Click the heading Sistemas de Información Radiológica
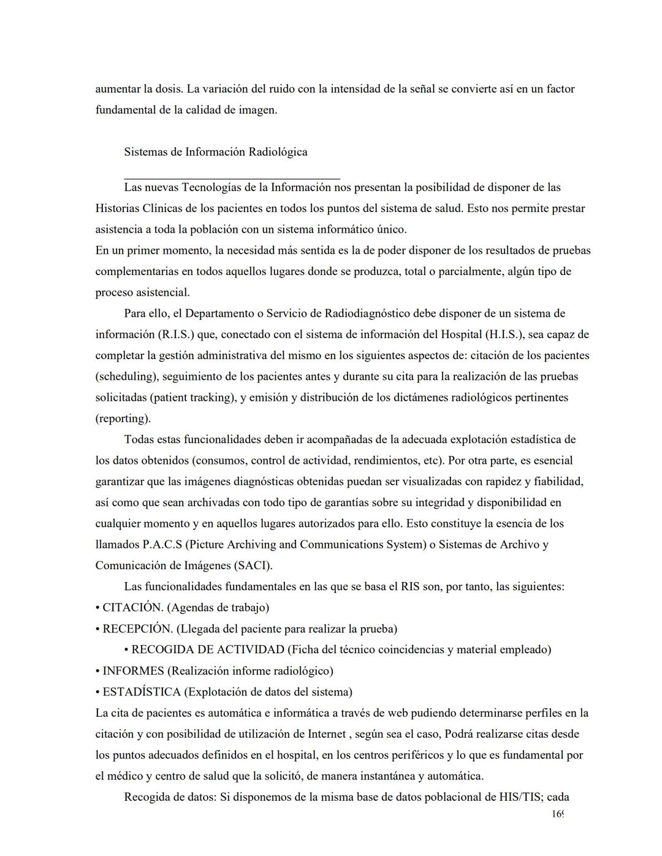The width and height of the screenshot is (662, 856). click(215, 152)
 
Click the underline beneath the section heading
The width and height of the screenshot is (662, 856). click(232, 178)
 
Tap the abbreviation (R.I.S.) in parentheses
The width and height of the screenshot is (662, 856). click(177, 335)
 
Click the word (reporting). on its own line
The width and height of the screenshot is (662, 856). click(123, 419)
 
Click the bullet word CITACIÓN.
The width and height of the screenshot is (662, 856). click(132, 608)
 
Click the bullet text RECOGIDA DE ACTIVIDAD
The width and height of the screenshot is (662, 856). click(208, 650)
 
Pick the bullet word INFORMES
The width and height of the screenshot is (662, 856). click(133, 671)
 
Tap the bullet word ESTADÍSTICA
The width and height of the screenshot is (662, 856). click(141, 692)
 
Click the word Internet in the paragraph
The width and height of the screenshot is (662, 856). click(328, 734)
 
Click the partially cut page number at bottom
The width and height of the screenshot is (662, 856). click(557, 814)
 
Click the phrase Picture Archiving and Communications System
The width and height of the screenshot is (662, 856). click(300, 544)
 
